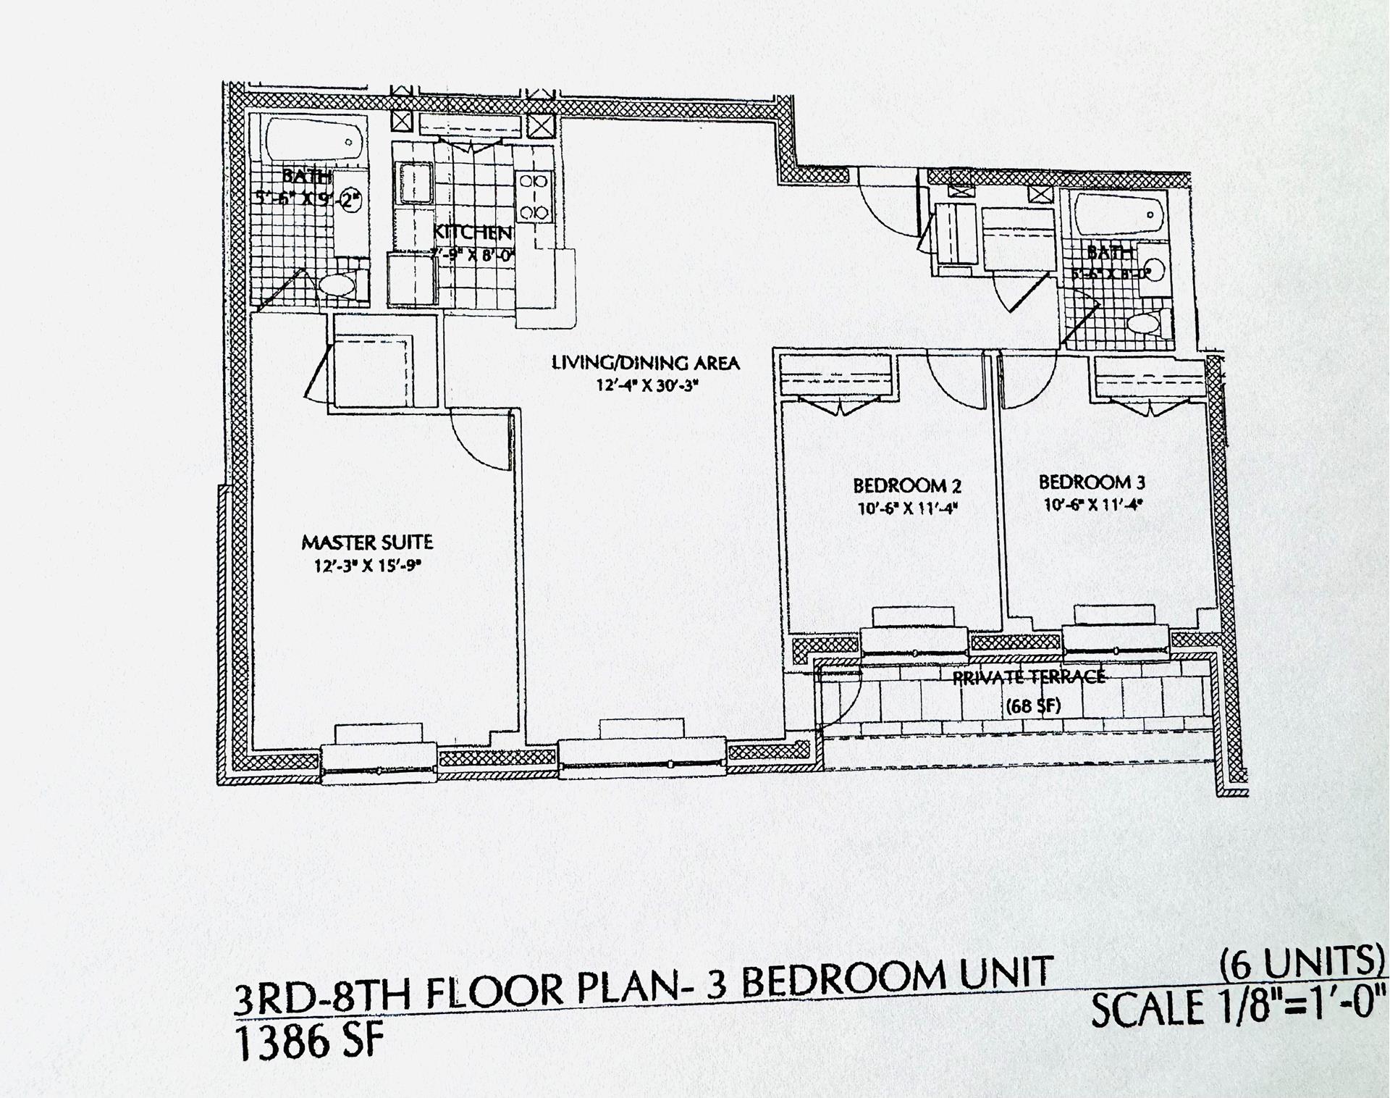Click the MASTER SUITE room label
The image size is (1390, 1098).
point(367,542)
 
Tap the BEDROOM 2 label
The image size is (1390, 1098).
point(906,485)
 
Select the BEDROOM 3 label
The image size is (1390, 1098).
point(1092,482)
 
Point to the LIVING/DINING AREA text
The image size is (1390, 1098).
point(646,363)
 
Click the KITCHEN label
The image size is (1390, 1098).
point(472,233)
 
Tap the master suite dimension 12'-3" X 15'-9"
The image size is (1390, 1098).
point(367,566)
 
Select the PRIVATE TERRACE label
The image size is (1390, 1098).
point(1028,677)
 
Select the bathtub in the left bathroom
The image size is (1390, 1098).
point(313,142)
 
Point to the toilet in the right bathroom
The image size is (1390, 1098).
point(1152,324)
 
